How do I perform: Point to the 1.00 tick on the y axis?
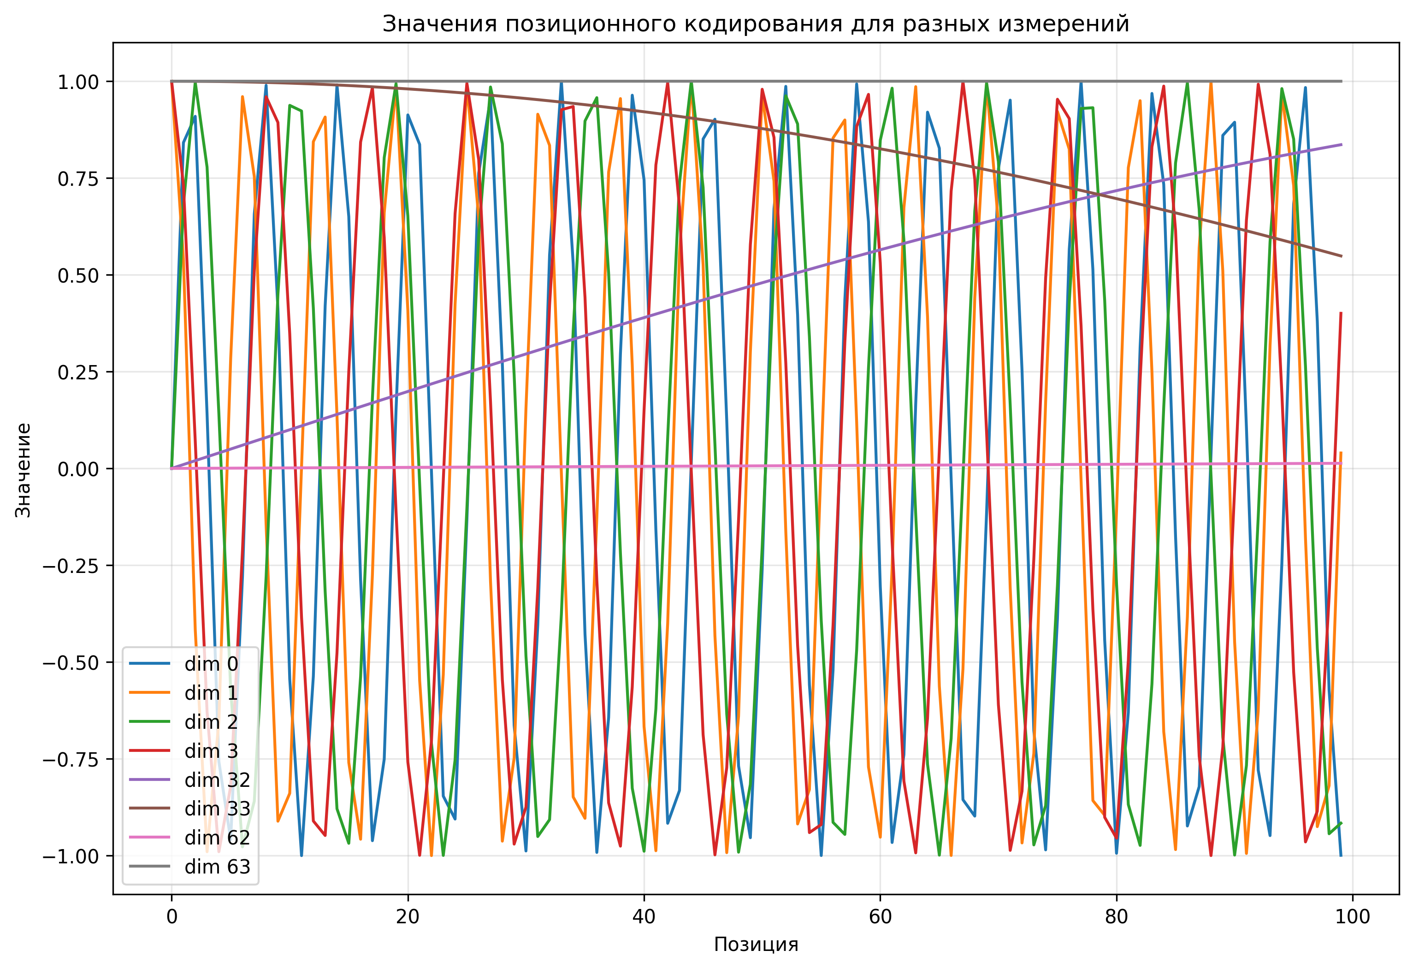click(78, 82)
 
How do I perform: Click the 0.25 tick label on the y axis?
click(78, 372)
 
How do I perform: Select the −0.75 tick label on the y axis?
click(71, 760)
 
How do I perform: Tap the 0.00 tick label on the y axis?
click(78, 469)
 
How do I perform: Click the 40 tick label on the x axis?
click(644, 916)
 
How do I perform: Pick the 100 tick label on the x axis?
click(1352, 916)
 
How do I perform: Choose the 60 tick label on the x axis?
click(880, 916)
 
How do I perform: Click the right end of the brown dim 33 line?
click(1341, 256)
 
